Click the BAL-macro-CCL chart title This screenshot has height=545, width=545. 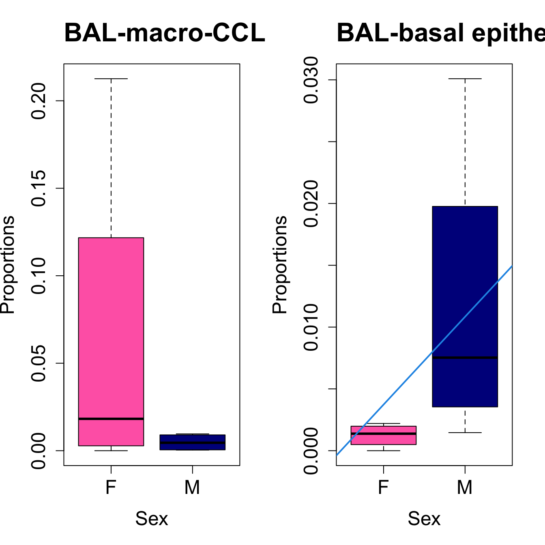(165, 33)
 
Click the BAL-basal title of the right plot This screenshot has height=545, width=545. (440, 33)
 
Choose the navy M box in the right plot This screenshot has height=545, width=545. (465, 284)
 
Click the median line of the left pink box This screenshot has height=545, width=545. (111, 418)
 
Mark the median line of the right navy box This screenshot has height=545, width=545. (465, 358)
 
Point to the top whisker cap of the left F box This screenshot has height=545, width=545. (111, 79)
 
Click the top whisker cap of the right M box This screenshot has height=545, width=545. (465, 79)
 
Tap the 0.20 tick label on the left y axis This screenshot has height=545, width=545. (39, 101)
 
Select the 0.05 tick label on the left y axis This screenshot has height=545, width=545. (39, 363)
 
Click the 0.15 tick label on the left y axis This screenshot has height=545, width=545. (39, 188)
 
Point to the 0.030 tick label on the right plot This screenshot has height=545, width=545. (311, 80)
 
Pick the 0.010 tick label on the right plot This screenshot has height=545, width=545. (311, 327)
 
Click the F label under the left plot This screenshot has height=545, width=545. (111, 487)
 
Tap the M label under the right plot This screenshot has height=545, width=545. (465, 487)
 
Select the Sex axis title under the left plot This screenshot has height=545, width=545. (151, 519)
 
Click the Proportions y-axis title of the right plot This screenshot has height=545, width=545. (279, 264)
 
